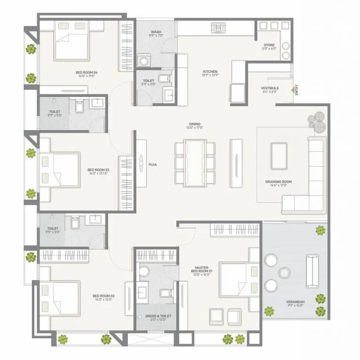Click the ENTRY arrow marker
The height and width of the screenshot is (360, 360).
pos(293,89)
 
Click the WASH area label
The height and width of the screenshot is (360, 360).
pos(156,33)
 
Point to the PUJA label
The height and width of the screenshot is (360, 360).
pos(153,165)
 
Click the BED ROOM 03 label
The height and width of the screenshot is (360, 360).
pos(98,171)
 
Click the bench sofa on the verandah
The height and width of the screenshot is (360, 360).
pos(312,271)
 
